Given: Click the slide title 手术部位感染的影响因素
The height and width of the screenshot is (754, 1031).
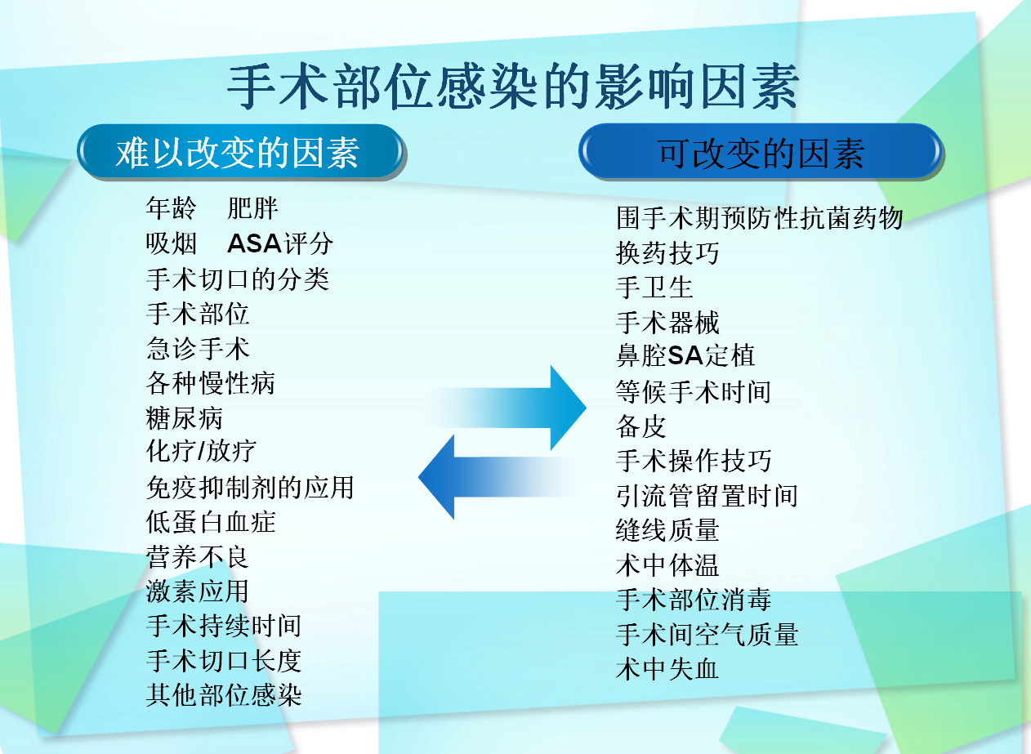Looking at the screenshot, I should point(512,88).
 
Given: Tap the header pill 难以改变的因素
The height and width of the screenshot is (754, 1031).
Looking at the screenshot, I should point(240,153).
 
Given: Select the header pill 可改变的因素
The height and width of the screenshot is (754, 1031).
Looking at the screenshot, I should point(761,153).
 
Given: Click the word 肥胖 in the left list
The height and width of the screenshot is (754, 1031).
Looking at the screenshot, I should point(253,208).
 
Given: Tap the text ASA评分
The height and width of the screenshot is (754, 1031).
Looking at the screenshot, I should point(280,243).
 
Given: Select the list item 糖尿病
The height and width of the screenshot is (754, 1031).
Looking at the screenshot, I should point(185,418).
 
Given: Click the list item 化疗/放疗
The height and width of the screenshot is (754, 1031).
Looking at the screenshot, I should point(201,452).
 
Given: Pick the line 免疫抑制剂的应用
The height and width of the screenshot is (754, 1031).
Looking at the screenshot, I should point(250,488).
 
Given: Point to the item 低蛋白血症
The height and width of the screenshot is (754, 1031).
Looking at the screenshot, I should point(211,522).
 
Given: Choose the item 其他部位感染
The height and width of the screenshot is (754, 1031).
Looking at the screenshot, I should point(224,695).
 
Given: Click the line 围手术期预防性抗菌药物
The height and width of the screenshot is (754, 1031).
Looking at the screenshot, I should point(760,219).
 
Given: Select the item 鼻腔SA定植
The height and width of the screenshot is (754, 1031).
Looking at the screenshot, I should point(685,356).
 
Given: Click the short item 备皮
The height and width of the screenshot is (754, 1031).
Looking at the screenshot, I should point(641,426).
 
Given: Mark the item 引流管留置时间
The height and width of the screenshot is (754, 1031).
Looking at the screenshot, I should point(707,496).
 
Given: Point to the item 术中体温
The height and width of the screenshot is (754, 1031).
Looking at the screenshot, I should point(667,565).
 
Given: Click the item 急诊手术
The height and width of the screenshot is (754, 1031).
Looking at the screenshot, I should point(198,349).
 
